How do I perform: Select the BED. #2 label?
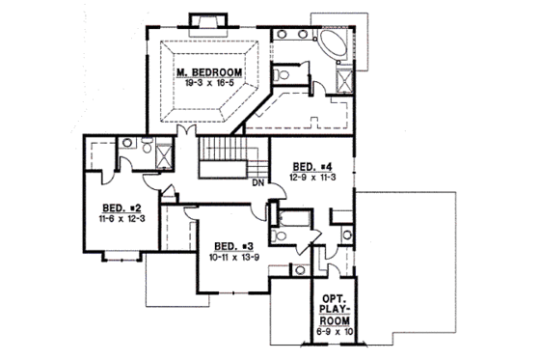point(121,208)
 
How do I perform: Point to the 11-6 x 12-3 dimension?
point(121,220)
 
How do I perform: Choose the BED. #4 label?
point(313,165)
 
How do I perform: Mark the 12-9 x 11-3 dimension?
point(313,177)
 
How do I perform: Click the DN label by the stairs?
point(258,182)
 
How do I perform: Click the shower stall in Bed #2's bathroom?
point(164,154)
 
